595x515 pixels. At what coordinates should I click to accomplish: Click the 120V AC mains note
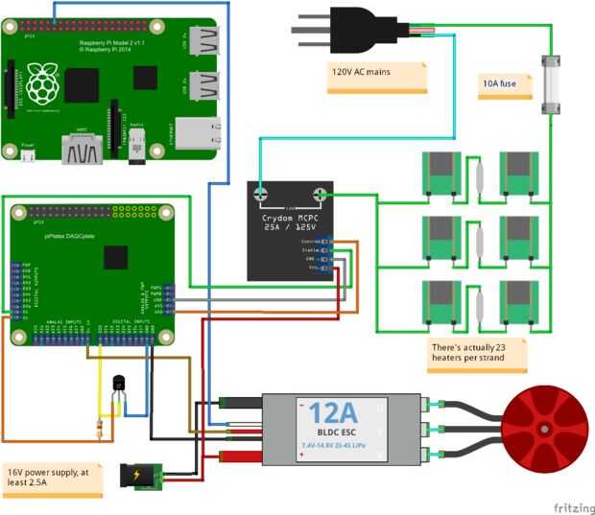pyautogui.click(x=376, y=76)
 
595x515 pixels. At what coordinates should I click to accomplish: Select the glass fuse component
pyautogui.click(x=551, y=83)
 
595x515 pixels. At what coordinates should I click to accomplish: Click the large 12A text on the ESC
pyautogui.click(x=332, y=414)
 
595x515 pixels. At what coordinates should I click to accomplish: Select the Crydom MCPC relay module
pyautogui.click(x=290, y=230)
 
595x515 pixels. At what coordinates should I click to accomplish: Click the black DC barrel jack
pyautogui.click(x=140, y=475)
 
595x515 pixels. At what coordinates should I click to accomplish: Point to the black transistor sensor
pyautogui.click(x=119, y=384)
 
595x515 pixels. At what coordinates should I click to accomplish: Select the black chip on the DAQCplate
pyautogui.click(x=116, y=257)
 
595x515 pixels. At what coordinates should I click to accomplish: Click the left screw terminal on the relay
pyautogui.click(x=260, y=195)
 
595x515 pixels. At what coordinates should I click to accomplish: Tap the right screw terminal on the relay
pyautogui.click(x=321, y=195)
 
